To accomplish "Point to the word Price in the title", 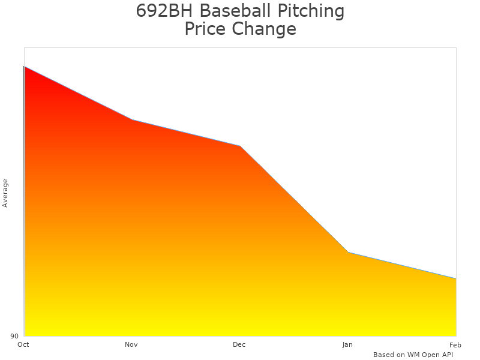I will (205, 29).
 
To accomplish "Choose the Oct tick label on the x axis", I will (23, 344).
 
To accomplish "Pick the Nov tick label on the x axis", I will (131, 344).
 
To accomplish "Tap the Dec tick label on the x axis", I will (239, 344).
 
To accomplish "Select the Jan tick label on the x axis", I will (347, 344).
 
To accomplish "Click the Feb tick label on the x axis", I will (455, 344).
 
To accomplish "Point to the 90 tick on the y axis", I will (14, 336).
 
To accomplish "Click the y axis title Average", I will (5, 193).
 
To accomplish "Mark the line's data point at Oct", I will (24, 67).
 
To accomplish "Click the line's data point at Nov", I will (132, 120).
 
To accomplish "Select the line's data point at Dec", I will (240, 146).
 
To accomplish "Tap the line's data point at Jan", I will (348, 252).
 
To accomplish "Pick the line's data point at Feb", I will (456, 278).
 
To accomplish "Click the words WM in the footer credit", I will (414, 355).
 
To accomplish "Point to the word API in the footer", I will (446, 355).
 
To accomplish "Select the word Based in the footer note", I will (383, 355).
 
